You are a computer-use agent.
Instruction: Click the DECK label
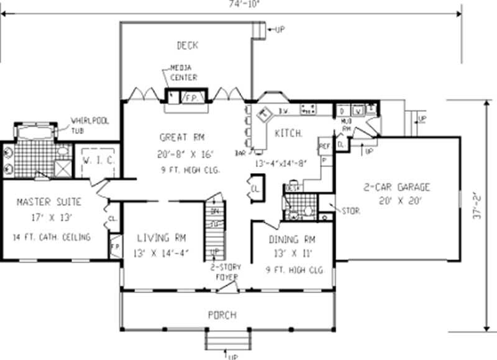187,45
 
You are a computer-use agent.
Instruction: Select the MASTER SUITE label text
48,202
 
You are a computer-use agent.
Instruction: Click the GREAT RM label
181,137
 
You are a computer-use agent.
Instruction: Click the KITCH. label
288,133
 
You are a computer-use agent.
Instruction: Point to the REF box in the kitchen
324,146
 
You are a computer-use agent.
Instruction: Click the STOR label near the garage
350,210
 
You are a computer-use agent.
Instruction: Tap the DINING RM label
292,239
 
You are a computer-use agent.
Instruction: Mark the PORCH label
222,315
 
